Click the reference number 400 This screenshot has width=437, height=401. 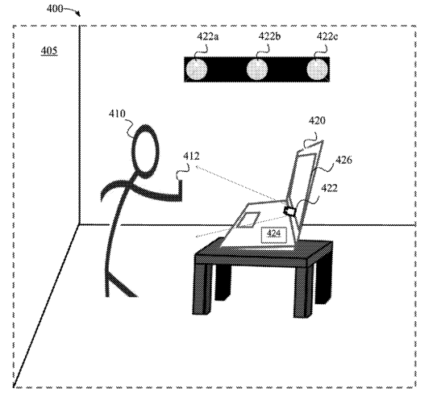(55, 9)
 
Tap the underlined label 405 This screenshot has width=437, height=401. (49, 51)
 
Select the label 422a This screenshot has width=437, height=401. (208, 36)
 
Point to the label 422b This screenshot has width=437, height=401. (269, 36)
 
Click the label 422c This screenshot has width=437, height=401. (327, 36)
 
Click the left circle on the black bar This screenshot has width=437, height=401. (196, 69)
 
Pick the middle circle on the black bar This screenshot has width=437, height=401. (257, 69)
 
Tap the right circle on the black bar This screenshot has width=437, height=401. (317, 69)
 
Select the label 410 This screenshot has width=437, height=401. (117, 114)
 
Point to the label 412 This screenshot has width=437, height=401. (191, 157)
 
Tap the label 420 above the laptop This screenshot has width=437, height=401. (317, 121)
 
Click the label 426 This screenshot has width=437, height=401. (343, 160)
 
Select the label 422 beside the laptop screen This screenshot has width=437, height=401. (330, 188)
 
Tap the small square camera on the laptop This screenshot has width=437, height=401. (289, 211)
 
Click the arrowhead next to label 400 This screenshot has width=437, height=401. (78, 14)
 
